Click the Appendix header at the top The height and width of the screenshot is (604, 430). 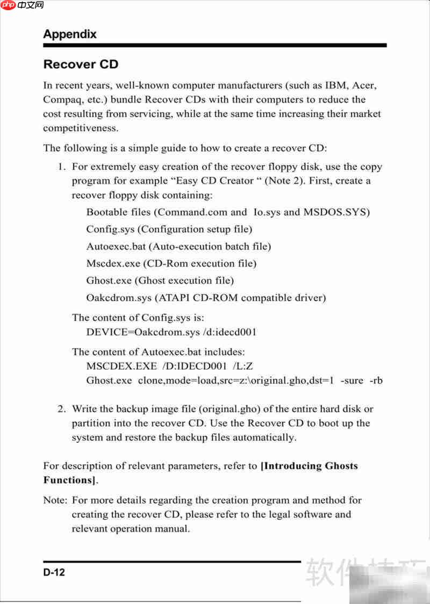(70, 34)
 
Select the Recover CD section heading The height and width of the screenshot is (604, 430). (81, 64)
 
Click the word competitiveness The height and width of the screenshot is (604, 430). (81, 128)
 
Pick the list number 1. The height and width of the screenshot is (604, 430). (62, 167)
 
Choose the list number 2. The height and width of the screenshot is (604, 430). (62, 409)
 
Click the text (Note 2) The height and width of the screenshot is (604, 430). (288, 181)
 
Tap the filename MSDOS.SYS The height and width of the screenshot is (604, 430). (336, 212)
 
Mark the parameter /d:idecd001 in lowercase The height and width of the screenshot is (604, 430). (230, 332)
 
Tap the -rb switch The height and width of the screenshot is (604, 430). (376, 380)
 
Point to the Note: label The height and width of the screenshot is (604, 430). (55, 500)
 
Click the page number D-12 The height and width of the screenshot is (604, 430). (54, 573)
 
